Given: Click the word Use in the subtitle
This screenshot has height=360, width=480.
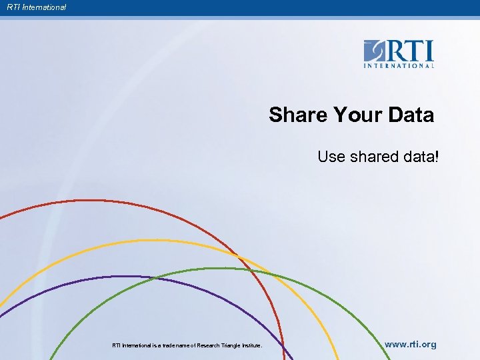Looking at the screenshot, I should [x=330, y=157].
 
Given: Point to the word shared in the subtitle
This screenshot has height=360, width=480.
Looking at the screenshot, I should [x=372, y=157].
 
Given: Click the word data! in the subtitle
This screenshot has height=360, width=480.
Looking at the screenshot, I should [x=418, y=157].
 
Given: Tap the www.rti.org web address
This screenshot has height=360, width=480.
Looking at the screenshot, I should [x=411, y=345].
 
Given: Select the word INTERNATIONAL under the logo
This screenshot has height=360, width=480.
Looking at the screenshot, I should [x=399, y=65].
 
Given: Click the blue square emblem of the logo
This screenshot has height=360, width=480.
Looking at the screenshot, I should [x=374, y=51].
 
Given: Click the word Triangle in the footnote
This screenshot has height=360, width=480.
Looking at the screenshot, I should [x=231, y=345].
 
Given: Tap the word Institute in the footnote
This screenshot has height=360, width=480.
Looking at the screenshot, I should [x=252, y=345].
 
